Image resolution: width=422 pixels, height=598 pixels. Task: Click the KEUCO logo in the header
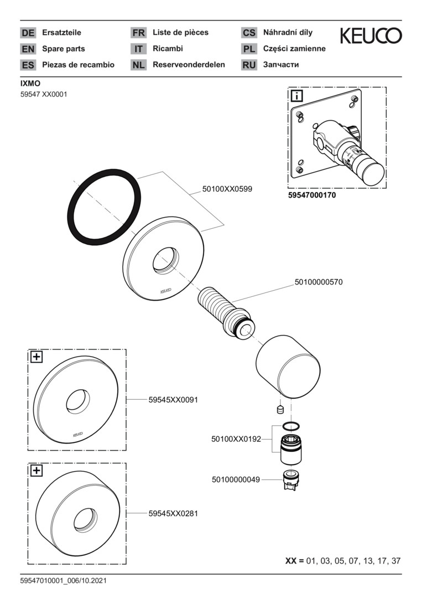(x=371, y=36)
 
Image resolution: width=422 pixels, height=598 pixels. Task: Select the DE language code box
(x=28, y=33)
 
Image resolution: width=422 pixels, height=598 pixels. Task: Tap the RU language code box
(x=249, y=65)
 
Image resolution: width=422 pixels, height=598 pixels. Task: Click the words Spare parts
(x=63, y=49)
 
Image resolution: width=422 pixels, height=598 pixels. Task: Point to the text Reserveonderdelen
(x=189, y=65)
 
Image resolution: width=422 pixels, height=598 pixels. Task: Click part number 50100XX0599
(x=227, y=189)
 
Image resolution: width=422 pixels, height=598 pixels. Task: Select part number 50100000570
(x=319, y=282)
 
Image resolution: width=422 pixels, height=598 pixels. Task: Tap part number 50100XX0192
(x=236, y=439)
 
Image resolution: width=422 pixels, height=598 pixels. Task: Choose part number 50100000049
(x=236, y=480)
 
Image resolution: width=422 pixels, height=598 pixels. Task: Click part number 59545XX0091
(x=173, y=400)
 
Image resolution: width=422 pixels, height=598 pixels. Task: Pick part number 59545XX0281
(x=173, y=513)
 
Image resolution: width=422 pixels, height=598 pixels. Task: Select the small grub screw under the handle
(x=280, y=410)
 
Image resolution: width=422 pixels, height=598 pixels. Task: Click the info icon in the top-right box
(x=296, y=96)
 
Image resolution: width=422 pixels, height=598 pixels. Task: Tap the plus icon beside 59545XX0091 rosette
(x=36, y=357)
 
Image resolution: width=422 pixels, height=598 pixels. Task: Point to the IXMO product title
(x=30, y=84)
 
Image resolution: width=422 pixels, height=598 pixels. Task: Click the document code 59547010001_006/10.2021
(x=63, y=581)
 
